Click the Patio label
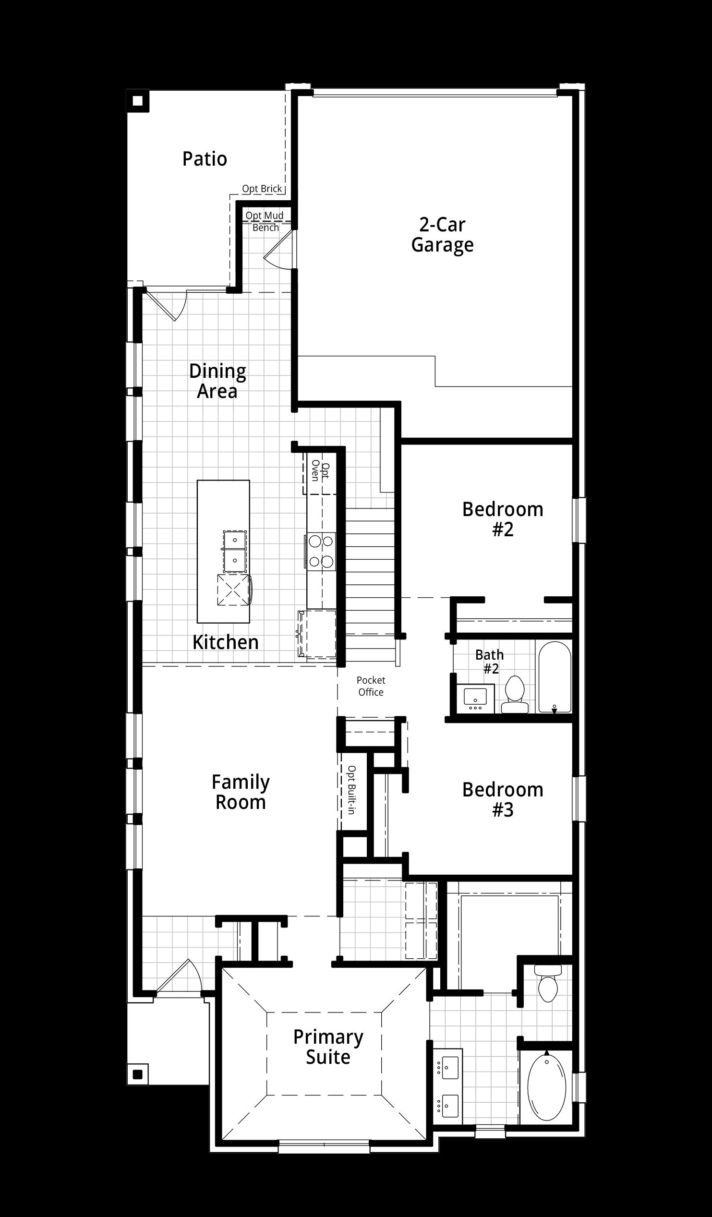tap(205, 159)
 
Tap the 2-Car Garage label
tap(443, 235)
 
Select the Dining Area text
tap(217, 381)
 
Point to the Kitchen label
tap(226, 642)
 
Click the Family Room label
tap(241, 792)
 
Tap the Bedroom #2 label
tap(503, 519)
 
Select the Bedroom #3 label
tap(503, 800)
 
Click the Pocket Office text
tap(371, 686)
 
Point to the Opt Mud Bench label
tap(265, 221)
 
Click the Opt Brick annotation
tap(262, 188)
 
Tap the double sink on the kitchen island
tap(235, 552)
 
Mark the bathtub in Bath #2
tap(555, 676)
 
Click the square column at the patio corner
tap(138, 101)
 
